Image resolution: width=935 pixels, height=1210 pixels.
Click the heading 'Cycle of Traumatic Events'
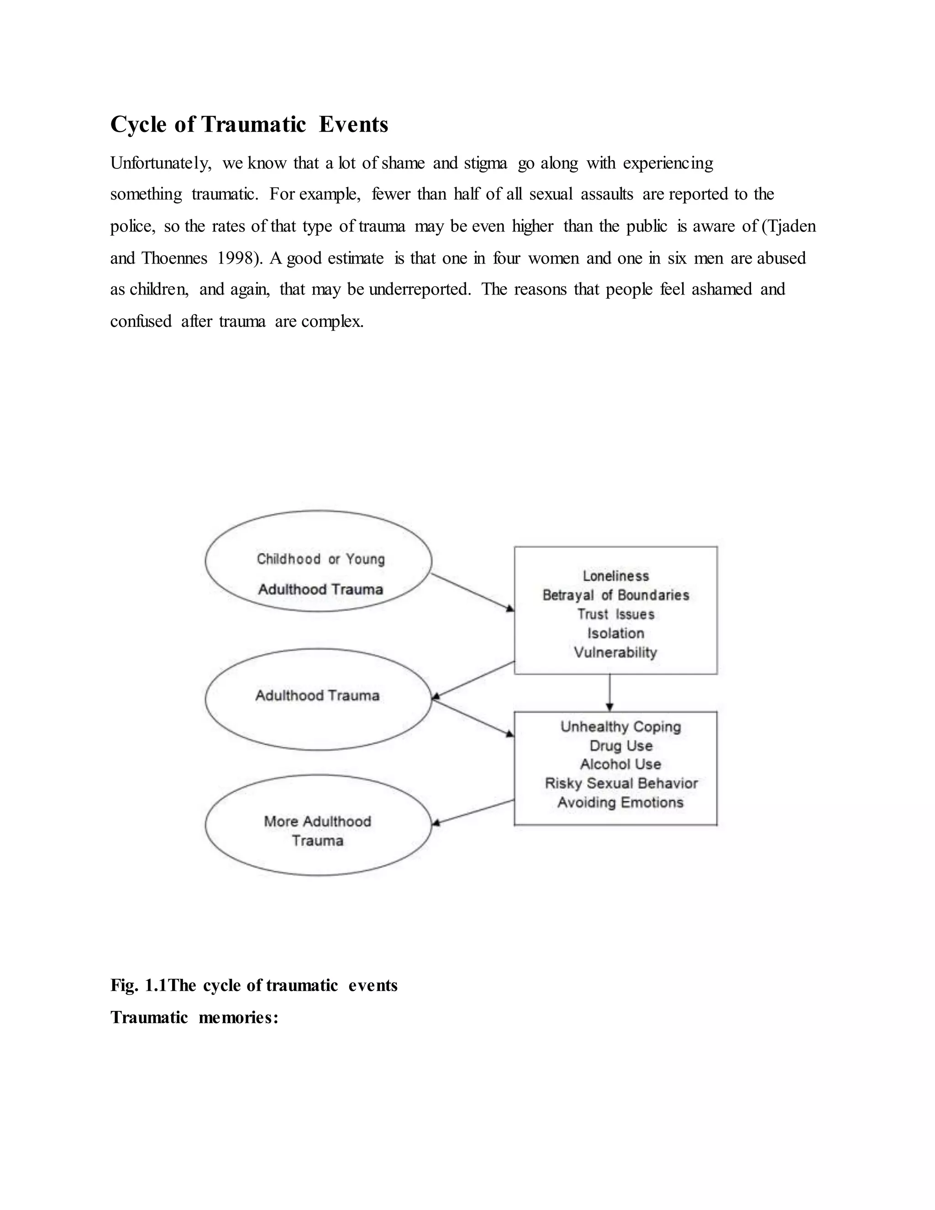point(249,124)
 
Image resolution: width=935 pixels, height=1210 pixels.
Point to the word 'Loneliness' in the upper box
point(615,576)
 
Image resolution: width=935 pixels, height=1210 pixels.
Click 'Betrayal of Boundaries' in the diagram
point(615,595)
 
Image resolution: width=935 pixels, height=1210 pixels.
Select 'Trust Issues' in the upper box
point(615,615)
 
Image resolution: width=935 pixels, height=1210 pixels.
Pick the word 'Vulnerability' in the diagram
point(615,652)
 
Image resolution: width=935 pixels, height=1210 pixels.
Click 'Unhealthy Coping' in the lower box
point(620,727)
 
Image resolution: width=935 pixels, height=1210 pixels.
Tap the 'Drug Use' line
point(620,746)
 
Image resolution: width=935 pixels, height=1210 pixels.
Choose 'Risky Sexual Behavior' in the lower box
point(621,784)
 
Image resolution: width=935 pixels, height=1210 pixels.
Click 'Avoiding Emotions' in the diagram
point(620,803)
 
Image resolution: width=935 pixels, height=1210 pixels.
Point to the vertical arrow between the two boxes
point(609,693)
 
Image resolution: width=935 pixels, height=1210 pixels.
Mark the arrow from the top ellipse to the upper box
point(473,593)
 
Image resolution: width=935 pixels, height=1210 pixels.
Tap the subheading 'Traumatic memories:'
point(194,1018)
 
